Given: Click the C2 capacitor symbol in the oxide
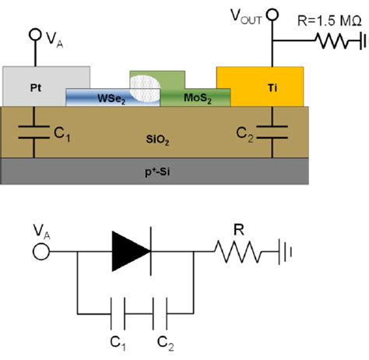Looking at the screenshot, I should (x=272, y=135).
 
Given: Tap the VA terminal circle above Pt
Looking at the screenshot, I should (x=33, y=35).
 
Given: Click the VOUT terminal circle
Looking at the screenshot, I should (x=272, y=14).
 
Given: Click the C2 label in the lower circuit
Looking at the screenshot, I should (x=164, y=341).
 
